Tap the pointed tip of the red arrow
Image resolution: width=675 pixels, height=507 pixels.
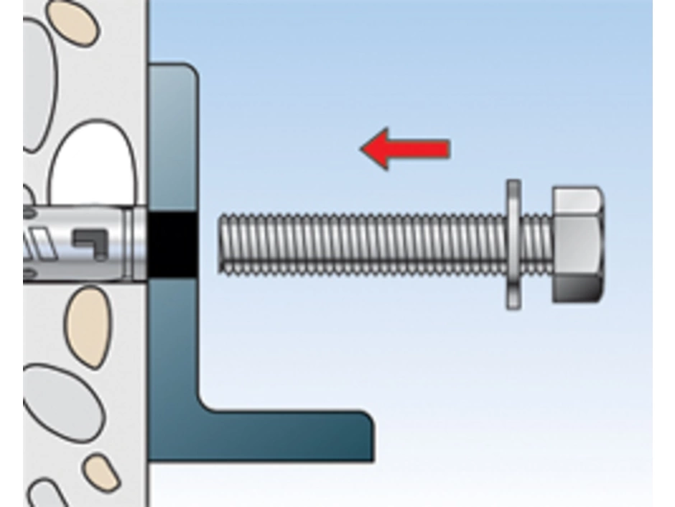[361, 149]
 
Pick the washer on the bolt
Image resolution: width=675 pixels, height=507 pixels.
[513, 245]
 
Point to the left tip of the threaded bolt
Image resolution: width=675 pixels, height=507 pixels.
[221, 243]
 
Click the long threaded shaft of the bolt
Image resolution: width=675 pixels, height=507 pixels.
[359, 243]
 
